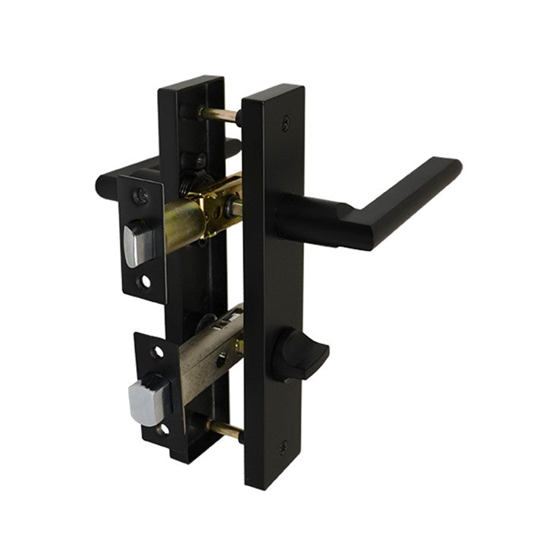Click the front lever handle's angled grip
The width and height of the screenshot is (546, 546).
[x=413, y=190]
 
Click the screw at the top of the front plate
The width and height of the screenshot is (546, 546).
[x=284, y=119]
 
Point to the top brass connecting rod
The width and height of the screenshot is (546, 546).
[x=220, y=115]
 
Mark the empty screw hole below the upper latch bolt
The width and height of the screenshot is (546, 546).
[x=144, y=282]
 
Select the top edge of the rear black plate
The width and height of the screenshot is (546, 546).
[x=190, y=80]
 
